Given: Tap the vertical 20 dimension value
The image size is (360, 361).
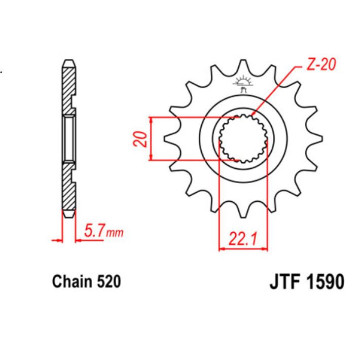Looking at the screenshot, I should pos(142,139).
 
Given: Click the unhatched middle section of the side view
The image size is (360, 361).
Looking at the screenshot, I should pos(69,138).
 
